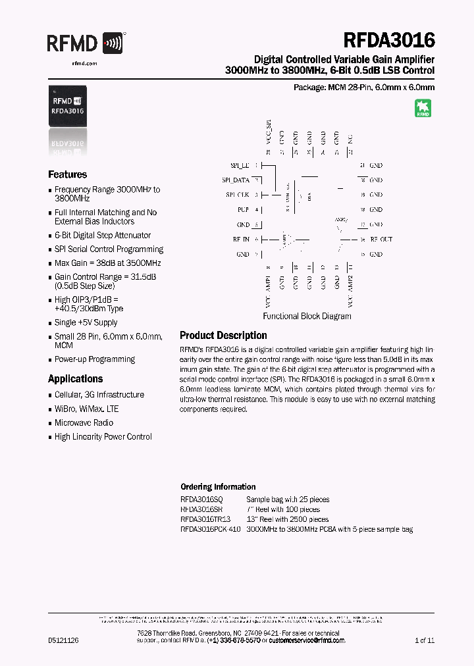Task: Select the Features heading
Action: pos(67,174)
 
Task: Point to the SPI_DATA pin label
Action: pos(235,180)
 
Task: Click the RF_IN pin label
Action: pos(241,239)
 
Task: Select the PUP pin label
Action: pos(243,209)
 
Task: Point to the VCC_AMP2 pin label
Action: pos(351,290)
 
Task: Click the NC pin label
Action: pos(351,139)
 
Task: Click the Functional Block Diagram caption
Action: pos(307,316)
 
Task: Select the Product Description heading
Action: pos(223,335)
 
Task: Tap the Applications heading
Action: pos(75,379)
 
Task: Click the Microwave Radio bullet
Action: pos(84,423)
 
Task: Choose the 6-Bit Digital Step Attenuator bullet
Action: pos(102,235)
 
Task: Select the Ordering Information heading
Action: pos(218,487)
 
